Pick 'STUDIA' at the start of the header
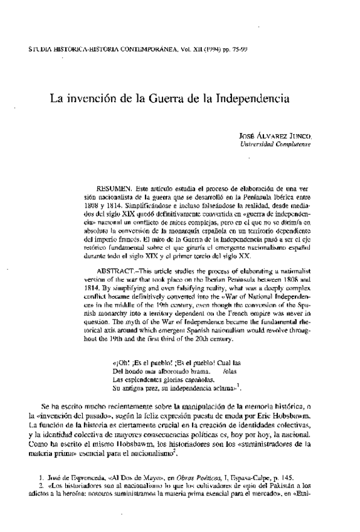click(x=37, y=48)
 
